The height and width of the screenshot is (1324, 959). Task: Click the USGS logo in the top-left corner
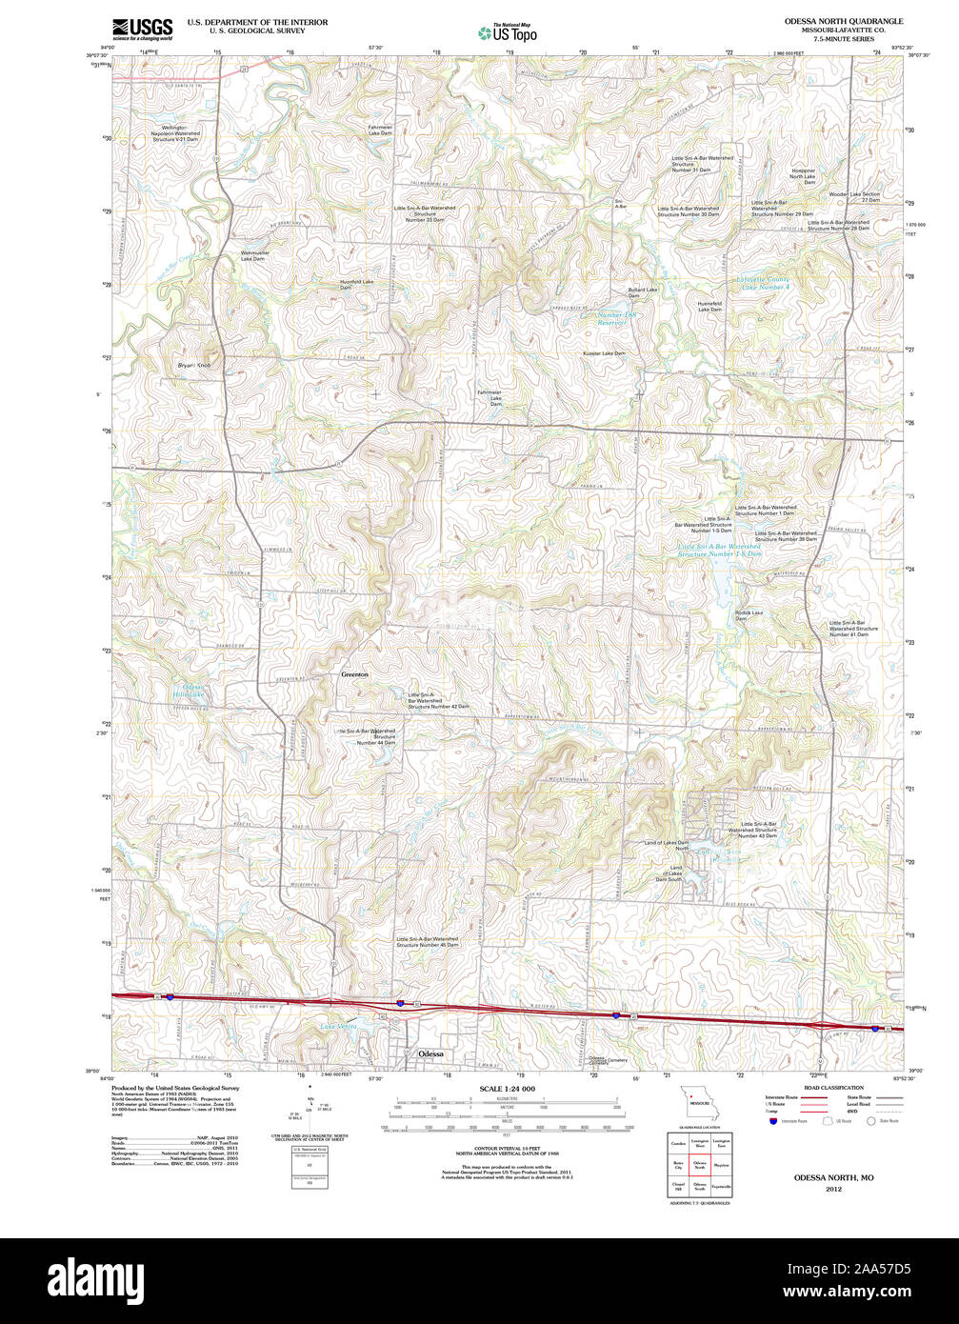pyautogui.click(x=142, y=29)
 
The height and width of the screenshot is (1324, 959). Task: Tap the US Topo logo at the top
pyautogui.click(x=507, y=32)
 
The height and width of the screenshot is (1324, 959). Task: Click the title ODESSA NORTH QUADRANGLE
pyautogui.click(x=830, y=21)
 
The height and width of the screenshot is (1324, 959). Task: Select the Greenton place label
pyautogui.click(x=354, y=674)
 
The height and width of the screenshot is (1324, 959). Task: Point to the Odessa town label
pyautogui.click(x=432, y=1054)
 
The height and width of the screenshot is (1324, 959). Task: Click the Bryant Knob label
pyautogui.click(x=194, y=365)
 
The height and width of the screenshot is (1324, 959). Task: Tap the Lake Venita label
pyautogui.click(x=338, y=1026)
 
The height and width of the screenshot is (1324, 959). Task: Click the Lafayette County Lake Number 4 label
pyautogui.click(x=764, y=283)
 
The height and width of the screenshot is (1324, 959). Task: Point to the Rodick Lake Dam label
pyautogui.click(x=749, y=615)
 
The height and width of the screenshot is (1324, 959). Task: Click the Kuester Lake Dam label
pyautogui.click(x=604, y=353)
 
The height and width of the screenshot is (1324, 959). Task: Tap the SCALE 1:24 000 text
pyautogui.click(x=507, y=1089)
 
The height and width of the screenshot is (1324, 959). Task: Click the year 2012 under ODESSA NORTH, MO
pyautogui.click(x=834, y=1189)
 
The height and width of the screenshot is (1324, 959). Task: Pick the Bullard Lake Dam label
pyautogui.click(x=643, y=291)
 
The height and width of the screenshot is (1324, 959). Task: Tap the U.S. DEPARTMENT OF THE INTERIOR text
pyautogui.click(x=257, y=22)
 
